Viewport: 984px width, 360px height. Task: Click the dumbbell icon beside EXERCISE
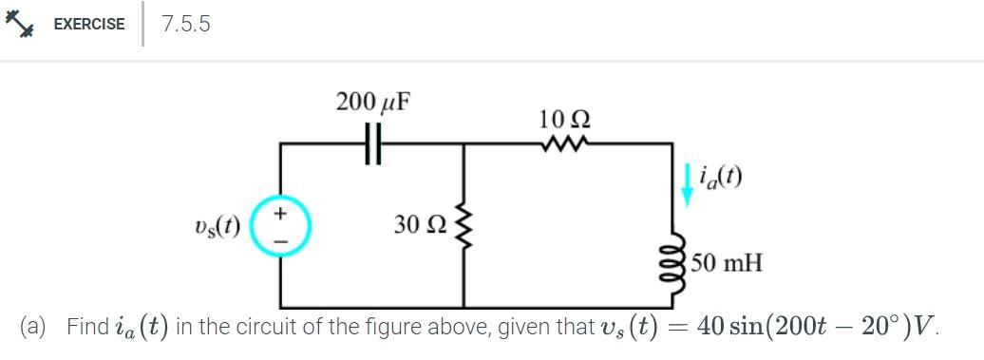[x=19, y=25]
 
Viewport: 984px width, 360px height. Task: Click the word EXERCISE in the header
[x=88, y=25]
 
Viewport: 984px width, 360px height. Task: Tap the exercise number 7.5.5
[x=186, y=25]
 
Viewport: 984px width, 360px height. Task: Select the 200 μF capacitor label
[x=372, y=102]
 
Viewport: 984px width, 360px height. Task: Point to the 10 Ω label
[x=564, y=121]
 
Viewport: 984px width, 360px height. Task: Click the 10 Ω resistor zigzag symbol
[x=564, y=144]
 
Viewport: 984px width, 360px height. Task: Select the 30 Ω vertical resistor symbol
[x=464, y=226]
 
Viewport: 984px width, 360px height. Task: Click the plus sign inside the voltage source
[x=280, y=216]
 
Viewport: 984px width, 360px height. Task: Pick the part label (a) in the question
[x=38, y=328]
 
